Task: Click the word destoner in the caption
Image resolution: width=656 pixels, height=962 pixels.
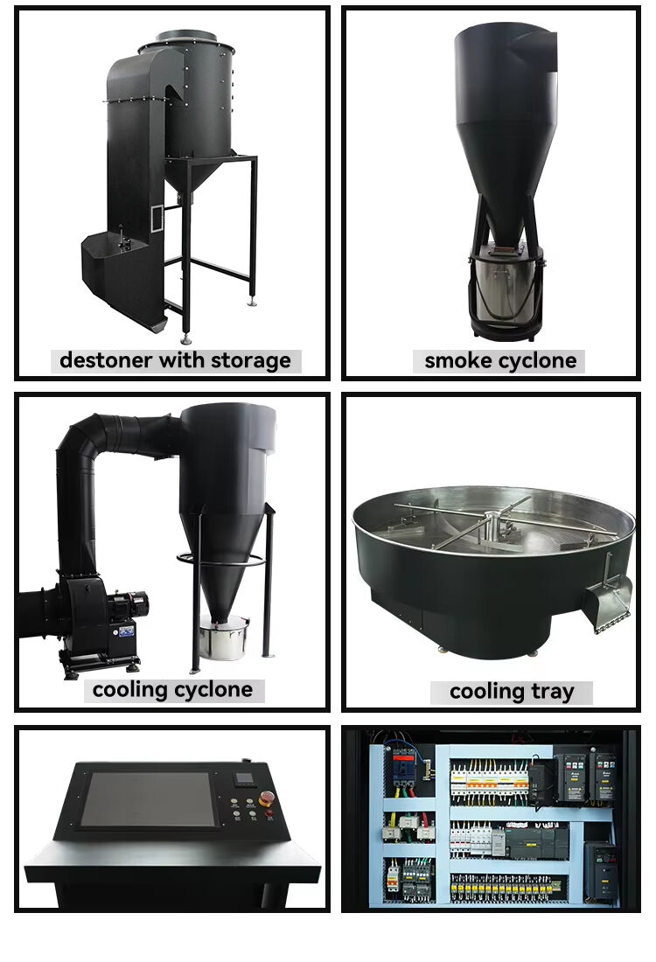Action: (x=105, y=360)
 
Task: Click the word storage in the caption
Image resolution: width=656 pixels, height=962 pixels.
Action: (x=251, y=360)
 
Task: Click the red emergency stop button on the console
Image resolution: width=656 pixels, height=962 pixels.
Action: (x=268, y=797)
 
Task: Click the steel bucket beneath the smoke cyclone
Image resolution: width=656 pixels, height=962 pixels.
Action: (x=506, y=282)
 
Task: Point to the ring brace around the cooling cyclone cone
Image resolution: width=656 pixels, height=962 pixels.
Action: (x=221, y=560)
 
